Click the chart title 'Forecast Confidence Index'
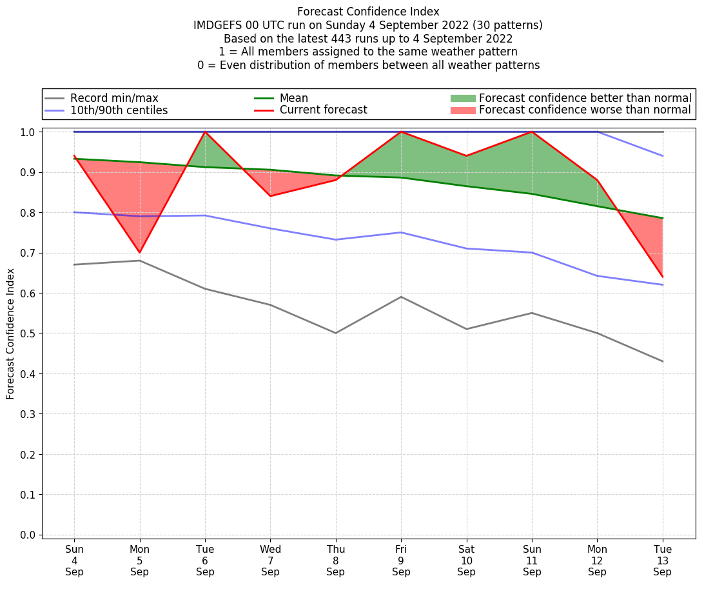pyautogui.click(x=368, y=12)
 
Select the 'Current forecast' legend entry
pyautogui.click(x=323, y=110)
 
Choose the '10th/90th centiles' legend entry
pyautogui.click(x=119, y=110)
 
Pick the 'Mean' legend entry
pyautogui.click(x=293, y=98)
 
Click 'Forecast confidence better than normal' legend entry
pyautogui.click(x=585, y=98)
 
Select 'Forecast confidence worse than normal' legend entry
pyautogui.click(x=585, y=110)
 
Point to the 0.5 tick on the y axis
pyautogui.click(x=28, y=333)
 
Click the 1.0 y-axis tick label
pyautogui.click(x=28, y=132)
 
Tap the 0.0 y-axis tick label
pyautogui.click(x=28, y=535)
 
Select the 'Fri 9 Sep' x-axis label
pyautogui.click(x=401, y=560)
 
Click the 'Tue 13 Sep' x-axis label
pyautogui.click(x=662, y=560)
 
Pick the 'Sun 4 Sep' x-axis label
pyautogui.click(x=74, y=560)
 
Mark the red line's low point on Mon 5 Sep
pyautogui.click(x=139, y=253)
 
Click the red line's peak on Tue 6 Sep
pyautogui.click(x=205, y=132)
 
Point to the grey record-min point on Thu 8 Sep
pyautogui.click(x=336, y=333)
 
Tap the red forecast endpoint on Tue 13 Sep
pyautogui.click(x=662, y=277)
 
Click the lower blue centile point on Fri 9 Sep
pyautogui.click(x=401, y=232)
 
